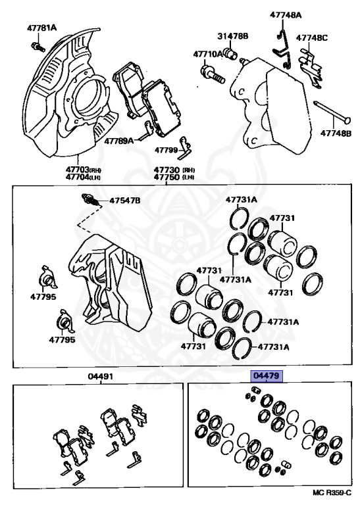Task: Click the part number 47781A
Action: (x=41, y=28)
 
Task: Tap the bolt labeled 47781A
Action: (x=38, y=47)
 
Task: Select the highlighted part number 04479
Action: (x=267, y=375)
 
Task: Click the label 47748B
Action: (x=336, y=132)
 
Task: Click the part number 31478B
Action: (x=232, y=36)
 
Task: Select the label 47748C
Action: (x=312, y=37)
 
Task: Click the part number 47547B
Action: (x=125, y=201)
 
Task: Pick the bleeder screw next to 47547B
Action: (x=91, y=201)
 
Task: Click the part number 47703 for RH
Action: (x=77, y=170)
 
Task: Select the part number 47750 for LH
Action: (x=166, y=177)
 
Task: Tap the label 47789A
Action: (x=118, y=141)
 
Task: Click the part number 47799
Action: (x=166, y=150)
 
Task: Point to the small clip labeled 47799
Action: (x=185, y=148)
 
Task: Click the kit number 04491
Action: (x=100, y=376)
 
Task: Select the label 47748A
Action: (x=286, y=15)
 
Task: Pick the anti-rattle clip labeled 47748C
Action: (x=311, y=68)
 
